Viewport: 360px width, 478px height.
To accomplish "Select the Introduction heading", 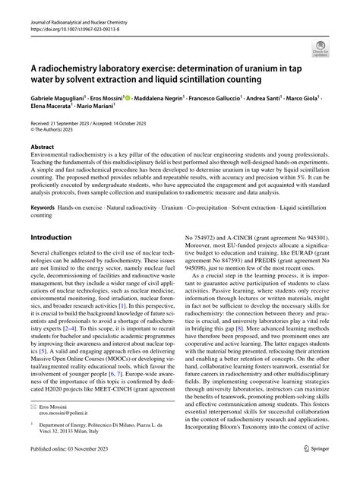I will pyautogui.click(x=51, y=238).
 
